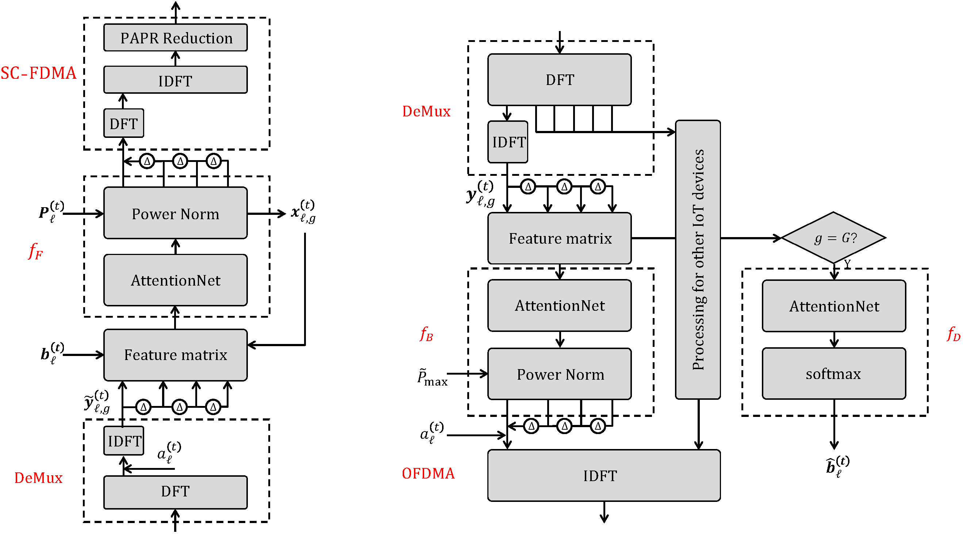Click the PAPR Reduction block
(x=175, y=38)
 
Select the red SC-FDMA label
(x=38, y=73)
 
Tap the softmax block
(x=834, y=374)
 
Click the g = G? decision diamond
(x=834, y=237)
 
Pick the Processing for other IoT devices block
(x=698, y=260)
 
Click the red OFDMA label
(x=428, y=473)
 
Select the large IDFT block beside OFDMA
(x=604, y=475)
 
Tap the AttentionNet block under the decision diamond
(x=834, y=306)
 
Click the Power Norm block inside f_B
(x=559, y=374)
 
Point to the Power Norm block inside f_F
(x=175, y=213)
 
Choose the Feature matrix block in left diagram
(x=175, y=355)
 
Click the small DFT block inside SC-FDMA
(x=123, y=123)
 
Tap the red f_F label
(x=35, y=251)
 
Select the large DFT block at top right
(x=559, y=80)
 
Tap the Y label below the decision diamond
(x=847, y=264)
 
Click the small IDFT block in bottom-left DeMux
(x=124, y=441)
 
